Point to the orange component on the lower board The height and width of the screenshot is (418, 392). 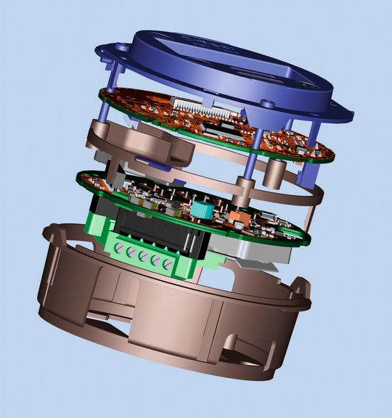[x=237, y=216]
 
